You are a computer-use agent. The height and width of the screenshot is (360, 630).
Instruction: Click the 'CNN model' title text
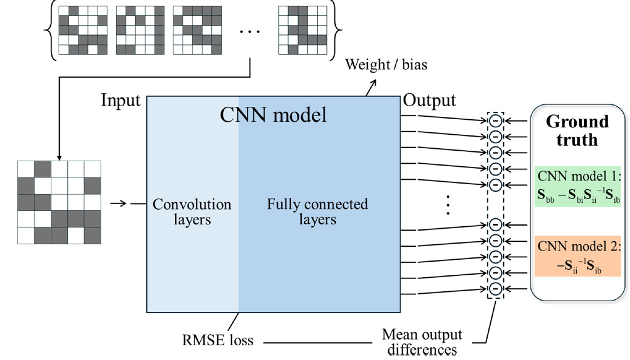pos(273,115)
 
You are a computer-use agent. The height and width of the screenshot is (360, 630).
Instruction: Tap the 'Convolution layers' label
pos(192,212)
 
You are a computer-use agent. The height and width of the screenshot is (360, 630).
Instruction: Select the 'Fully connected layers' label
pos(317,212)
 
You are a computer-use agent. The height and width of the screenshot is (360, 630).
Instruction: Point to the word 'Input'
pos(120,100)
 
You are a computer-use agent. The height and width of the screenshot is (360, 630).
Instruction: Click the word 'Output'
pos(429,100)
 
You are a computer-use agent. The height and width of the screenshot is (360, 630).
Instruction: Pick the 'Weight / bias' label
pos(386,65)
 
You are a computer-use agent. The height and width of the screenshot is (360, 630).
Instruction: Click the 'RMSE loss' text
pos(217,340)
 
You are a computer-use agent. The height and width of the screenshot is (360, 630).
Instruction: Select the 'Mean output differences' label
pos(422,342)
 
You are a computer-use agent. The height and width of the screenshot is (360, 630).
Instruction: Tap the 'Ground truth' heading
pos(577,130)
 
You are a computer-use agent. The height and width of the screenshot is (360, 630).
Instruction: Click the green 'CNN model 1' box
pos(577,186)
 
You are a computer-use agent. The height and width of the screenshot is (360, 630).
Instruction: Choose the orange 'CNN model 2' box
pos(577,256)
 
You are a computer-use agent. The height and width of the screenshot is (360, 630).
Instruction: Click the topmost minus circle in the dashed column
pos(495,121)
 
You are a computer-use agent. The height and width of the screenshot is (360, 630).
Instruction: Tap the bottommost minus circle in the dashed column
pos(495,289)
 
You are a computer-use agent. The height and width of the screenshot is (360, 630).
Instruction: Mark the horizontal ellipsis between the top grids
pos(250,31)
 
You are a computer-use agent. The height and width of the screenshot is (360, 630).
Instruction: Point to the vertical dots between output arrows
pos(448,205)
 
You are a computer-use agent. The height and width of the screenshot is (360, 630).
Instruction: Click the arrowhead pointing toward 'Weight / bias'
pos(373,83)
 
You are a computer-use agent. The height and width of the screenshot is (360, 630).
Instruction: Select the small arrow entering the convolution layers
pos(118,203)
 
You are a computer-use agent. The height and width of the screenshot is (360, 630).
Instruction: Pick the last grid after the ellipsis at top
pos(303,30)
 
